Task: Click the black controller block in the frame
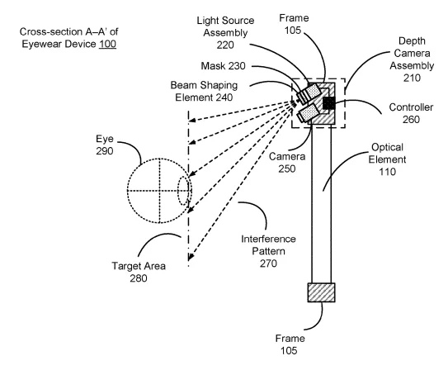pyautogui.click(x=328, y=103)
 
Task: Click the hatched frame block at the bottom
pyautogui.click(x=321, y=292)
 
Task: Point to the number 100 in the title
pyautogui.click(x=107, y=44)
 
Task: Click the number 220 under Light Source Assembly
pyautogui.click(x=225, y=45)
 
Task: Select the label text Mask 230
pyautogui.click(x=223, y=66)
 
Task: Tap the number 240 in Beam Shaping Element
pyautogui.click(x=224, y=97)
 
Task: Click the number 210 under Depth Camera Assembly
pyautogui.click(x=412, y=78)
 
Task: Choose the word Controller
pyautogui.click(x=411, y=107)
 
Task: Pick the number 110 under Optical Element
pyautogui.click(x=387, y=172)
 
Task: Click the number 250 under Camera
pyautogui.click(x=287, y=169)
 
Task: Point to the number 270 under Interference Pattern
pyautogui.click(x=268, y=263)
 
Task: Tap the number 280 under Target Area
pyautogui.click(x=139, y=278)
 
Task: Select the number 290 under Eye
pyautogui.click(x=105, y=151)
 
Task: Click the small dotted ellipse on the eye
pyautogui.click(x=184, y=191)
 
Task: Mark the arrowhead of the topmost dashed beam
pyautogui.click(x=191, y=121)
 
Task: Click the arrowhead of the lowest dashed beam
pyautogui.click(x=191, y=257)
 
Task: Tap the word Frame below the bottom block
pyautogui.click(x=290, y=339)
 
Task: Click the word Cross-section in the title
pyautogui.click(x=51, y=31)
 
